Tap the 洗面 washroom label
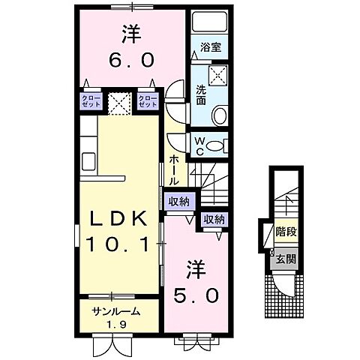coord(201,94)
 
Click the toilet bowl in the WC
coord(217,145)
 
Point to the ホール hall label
coord(175,170)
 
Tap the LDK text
coord(123,218)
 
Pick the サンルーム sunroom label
coord(115,310)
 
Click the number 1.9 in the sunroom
coord(115,323)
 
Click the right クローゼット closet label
coord(148,102)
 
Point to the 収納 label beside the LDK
coord(178,201)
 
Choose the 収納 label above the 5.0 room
coord(214,219)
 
